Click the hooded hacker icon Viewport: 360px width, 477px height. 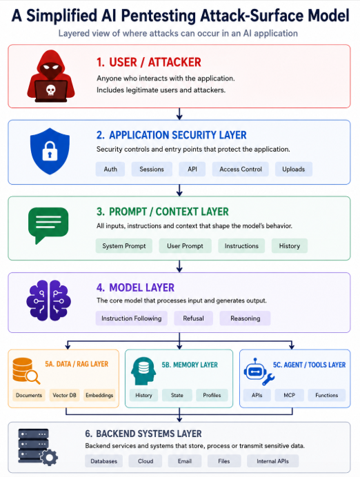coord(51,76)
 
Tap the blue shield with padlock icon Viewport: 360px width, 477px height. coord(50,151)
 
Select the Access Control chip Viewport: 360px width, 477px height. coord(241,169)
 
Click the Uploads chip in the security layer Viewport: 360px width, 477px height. coord(293,169)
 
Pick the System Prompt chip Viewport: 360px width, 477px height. coord(124,246)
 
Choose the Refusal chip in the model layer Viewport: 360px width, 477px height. coord(193,318)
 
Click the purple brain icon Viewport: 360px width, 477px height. coord(49,301)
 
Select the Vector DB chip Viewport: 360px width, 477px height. coord(65,395)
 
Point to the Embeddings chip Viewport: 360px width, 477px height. coord(99,395)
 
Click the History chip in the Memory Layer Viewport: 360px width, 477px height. coord(143,395)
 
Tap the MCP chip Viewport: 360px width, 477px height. coord(290,395)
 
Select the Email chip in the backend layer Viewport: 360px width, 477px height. coord(185,461)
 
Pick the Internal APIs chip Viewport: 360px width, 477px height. coord(272,461)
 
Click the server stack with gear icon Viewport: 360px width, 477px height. coord(38,447)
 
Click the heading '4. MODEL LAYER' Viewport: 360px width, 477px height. coord(135,287)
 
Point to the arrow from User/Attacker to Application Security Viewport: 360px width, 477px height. coord(179,114)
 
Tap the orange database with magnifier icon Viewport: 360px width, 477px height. coord(26,371)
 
